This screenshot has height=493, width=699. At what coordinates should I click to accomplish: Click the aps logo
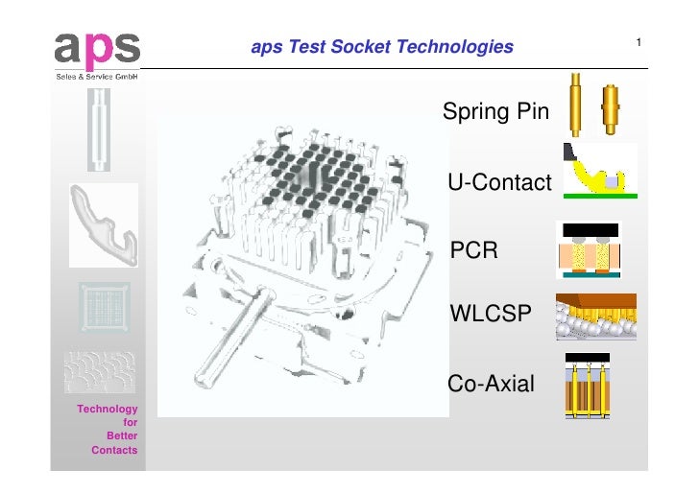pos(97,47)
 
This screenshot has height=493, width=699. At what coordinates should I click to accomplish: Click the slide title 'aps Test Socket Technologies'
pos(381,46)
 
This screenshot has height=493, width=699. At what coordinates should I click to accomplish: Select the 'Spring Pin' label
pos(495,112)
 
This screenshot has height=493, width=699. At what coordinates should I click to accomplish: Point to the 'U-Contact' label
pos(499,182)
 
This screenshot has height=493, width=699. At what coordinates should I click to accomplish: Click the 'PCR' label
pos(474,251)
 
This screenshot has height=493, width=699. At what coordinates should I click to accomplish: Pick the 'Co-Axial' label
pos(492,386)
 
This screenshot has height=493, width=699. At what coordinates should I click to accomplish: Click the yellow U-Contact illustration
pos(600,171)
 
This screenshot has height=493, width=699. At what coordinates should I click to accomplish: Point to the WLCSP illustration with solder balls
pos(595,317)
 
